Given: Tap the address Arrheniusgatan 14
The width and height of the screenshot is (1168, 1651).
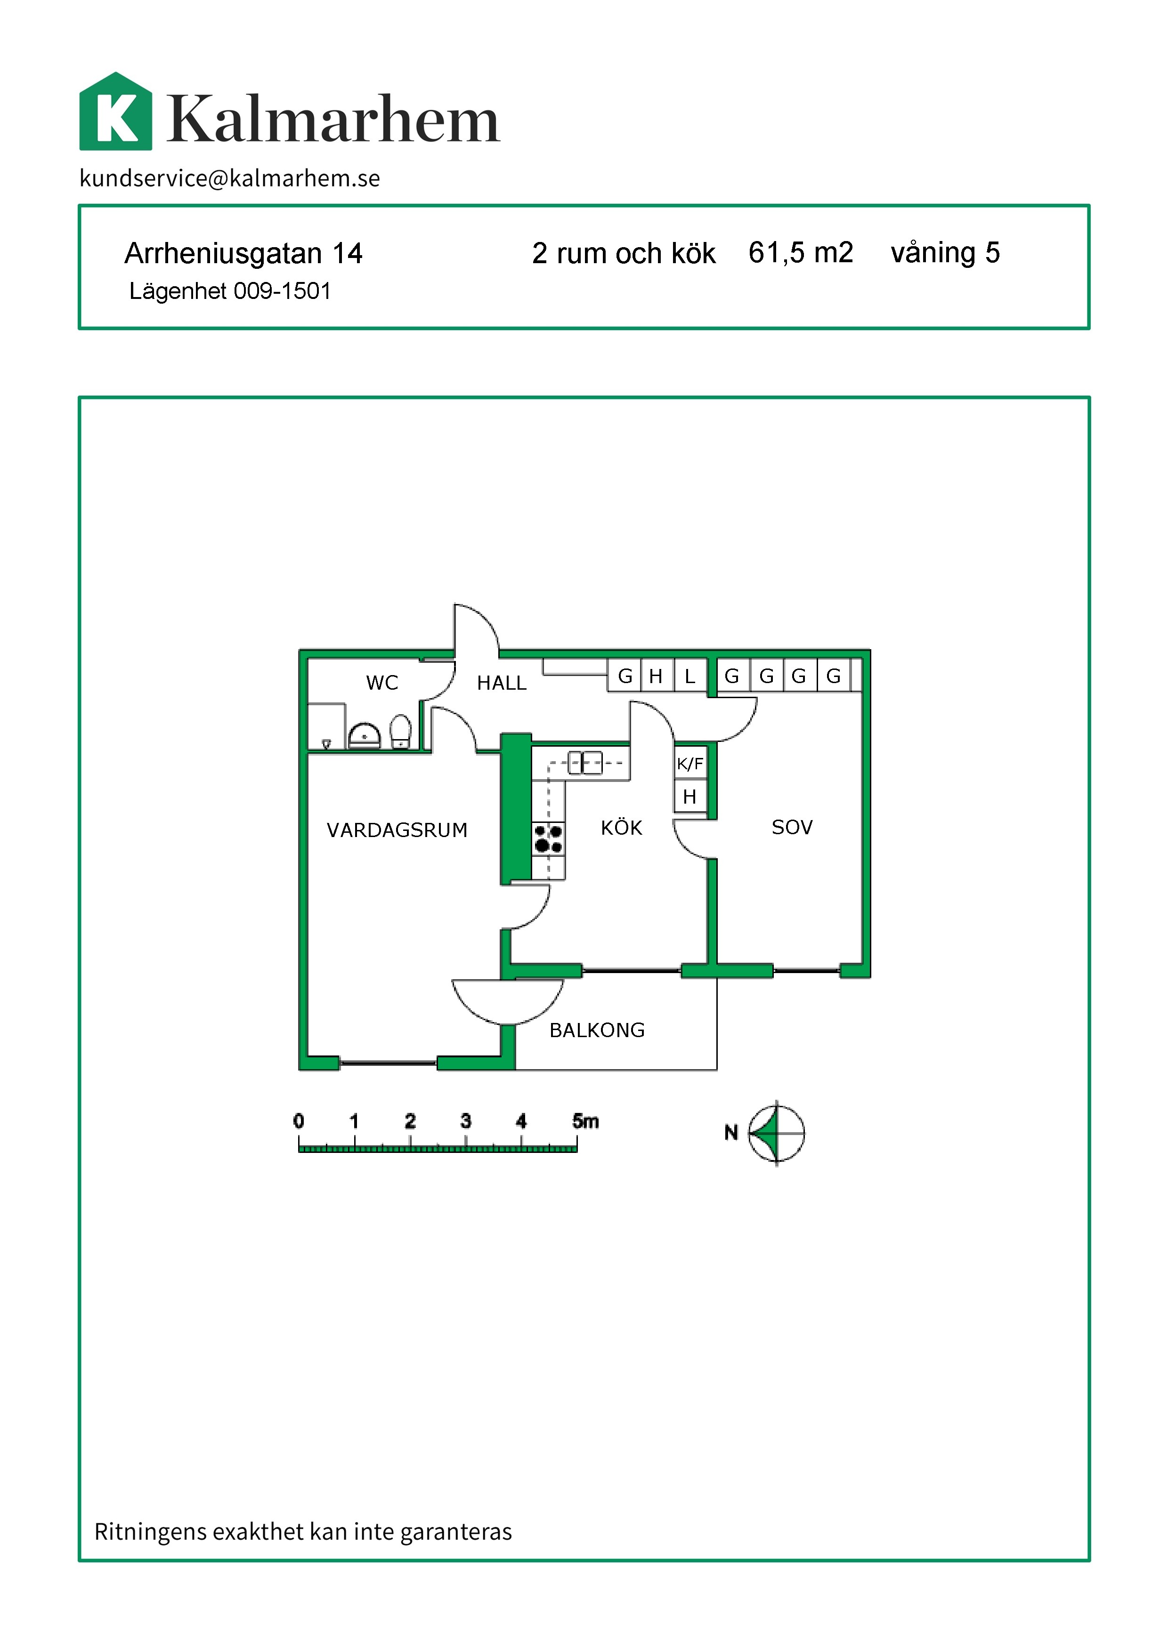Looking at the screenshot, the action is [243, 253].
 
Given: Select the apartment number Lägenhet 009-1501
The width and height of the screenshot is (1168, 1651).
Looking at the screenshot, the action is [230, 291].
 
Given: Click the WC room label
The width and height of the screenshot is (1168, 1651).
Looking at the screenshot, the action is [382, 683].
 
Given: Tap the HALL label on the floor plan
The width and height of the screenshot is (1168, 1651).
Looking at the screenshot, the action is [501, 683].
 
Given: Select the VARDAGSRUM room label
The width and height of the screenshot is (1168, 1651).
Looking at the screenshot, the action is [397, 830].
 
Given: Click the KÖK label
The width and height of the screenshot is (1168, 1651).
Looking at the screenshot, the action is [621, 827].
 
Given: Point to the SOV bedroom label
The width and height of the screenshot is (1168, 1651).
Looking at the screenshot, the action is [792, 827].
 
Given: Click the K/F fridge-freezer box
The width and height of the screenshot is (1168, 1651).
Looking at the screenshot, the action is [689, 763].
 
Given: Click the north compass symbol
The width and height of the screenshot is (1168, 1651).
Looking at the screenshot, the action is [776, 1133].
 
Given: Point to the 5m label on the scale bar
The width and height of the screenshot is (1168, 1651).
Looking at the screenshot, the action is [585, 1121].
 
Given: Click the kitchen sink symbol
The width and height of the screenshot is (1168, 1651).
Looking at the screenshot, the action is [585, 762].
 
